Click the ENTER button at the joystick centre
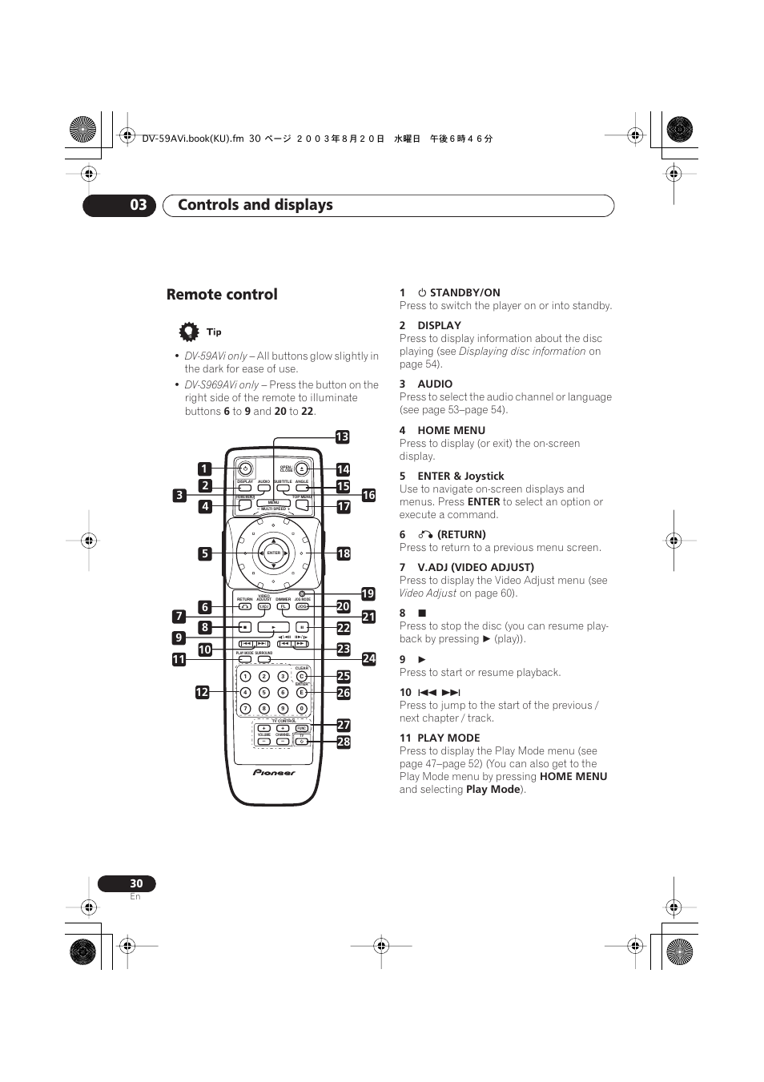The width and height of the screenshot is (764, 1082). (x=274, y=553)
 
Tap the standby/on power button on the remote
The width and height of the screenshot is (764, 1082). (x=246, y=469)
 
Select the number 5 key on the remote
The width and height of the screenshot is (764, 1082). (x=264, y=693)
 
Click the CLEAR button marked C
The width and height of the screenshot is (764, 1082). (x=302, y=677)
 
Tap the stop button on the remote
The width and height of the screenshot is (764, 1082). (x=245, y=627)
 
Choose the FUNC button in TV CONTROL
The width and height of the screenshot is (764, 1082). (x=302, y=729)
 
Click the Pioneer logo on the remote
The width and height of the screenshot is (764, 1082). (x=274, y=773)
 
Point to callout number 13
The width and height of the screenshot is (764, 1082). (x=343, y=436)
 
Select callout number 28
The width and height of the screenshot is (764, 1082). (x=344, y=742)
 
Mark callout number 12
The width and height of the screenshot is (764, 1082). (x=202, y=692)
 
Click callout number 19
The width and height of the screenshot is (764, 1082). (x=368, y=593)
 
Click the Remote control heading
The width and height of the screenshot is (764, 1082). (x=222, y=294)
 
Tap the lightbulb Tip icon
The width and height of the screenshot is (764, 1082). (x=188, y=332)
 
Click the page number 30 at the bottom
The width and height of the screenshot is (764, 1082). (x=136, y=883)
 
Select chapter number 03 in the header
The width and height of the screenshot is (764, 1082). (x=139, y=205)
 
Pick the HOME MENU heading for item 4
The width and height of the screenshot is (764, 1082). (x=451, y=430)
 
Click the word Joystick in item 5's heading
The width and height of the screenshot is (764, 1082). (x=484, y=476)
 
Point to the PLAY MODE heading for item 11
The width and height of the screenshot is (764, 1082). (x=448, y=738)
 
